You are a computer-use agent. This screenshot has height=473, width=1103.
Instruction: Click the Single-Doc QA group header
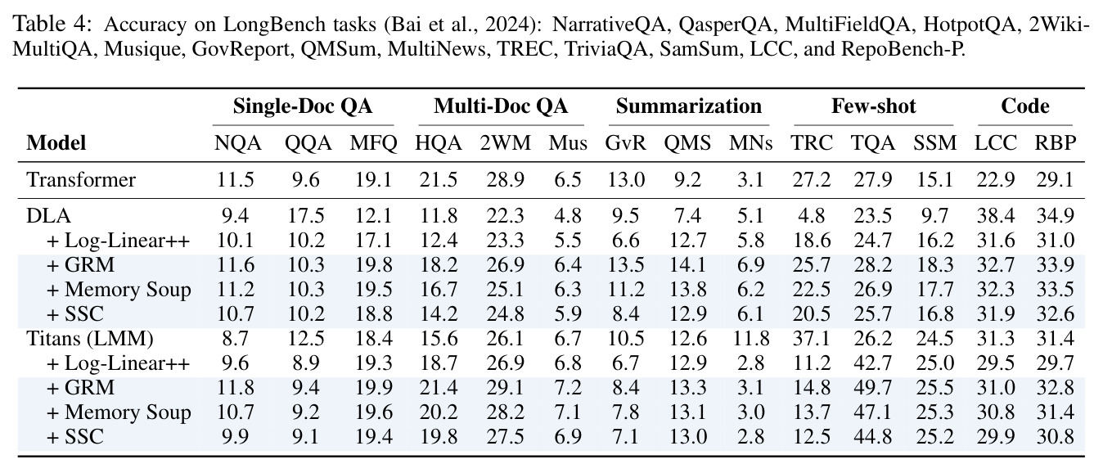(302, 106)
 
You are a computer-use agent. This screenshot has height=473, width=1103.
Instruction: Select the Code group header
(1024, 106)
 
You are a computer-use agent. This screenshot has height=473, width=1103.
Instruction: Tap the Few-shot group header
(874, 106)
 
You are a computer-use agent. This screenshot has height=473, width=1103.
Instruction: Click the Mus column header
(568, 143)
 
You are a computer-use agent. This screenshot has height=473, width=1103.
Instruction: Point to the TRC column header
(812, 143)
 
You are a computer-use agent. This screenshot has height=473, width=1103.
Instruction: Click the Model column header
(56, 143)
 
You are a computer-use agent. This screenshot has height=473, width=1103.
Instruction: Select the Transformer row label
(81, 180)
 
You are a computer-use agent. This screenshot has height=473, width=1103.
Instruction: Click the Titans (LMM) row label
(90, 339)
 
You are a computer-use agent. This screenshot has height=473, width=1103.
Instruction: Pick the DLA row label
(49, 216)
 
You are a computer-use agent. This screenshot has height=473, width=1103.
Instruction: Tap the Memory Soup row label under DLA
(119, 290)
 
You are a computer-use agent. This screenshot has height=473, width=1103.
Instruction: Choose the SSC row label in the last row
(74, 436)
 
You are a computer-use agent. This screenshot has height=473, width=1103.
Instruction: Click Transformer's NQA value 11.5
(236, 180)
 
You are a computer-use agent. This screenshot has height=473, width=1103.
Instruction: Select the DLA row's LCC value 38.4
(996, 216)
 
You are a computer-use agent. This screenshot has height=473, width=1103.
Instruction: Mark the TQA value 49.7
(872, 388)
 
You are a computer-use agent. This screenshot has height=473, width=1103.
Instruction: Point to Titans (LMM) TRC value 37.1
(812, 339)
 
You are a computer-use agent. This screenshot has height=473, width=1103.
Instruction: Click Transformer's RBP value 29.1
(1055, 180)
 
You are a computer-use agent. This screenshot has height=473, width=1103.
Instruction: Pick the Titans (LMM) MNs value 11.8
(750, 339)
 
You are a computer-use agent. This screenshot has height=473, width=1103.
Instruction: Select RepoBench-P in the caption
(903, 49)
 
